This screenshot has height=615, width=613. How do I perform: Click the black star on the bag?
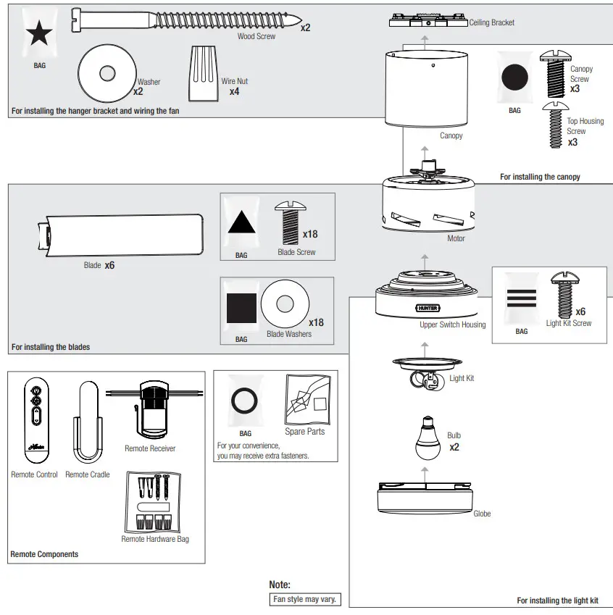[x=39, y=33]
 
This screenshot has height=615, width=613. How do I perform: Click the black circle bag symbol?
[x=514, y=78]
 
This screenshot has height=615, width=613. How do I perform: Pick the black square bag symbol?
[x=241, y=308]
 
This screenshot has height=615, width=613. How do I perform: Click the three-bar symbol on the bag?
[x=522, y=299]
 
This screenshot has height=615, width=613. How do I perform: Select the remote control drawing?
[x=35, y=421]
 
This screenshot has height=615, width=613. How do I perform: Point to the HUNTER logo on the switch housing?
[x=428, y=307]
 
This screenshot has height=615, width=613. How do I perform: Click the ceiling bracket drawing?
[x=428, y=20]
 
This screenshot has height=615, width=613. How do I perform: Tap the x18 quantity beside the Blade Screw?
[x=310, y=234]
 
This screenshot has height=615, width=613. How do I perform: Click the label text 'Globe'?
[x=482, y=514]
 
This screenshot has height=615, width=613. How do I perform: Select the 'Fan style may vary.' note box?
[x=304, y=600]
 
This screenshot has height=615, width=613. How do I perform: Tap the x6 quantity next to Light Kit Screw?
[x=580, y=311]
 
